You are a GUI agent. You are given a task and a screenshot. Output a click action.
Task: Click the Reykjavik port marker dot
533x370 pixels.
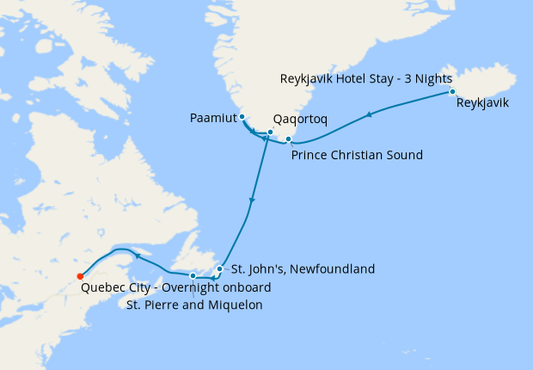coord(452,91)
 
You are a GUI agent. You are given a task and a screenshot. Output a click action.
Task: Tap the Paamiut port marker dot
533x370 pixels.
coord(242,117)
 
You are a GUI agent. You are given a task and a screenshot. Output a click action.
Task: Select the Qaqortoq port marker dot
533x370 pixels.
coord(270,133)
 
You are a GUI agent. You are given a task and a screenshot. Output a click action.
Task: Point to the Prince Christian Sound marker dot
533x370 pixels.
coord(289,139)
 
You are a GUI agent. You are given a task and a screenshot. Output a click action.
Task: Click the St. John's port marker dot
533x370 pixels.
coord(220,269)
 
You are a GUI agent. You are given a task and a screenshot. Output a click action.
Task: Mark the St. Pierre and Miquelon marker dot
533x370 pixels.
coord(193,275)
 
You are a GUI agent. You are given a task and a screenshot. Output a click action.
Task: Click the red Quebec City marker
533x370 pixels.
coord(80,276)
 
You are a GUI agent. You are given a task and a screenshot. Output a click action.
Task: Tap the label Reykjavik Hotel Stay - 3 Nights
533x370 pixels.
coord(366,78)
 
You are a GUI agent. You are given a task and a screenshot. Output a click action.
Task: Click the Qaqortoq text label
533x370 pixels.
coord(300,119)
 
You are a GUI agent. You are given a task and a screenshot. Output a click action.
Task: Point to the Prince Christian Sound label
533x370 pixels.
coord(357,156)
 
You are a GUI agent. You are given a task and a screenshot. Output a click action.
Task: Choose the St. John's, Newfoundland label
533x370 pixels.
coord(299,269)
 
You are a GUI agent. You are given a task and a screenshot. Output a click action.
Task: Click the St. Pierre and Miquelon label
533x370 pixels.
coord(194,305)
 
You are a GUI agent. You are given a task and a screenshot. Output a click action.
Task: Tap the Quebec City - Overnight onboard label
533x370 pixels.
coord(176,288)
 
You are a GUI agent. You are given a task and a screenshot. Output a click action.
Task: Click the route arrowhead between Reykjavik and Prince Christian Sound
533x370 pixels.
coord(370,114)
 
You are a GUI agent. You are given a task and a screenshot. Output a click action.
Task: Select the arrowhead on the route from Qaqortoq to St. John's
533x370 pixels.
coord(252,201)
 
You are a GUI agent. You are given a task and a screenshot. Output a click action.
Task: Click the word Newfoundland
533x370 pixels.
coord(334,269)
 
